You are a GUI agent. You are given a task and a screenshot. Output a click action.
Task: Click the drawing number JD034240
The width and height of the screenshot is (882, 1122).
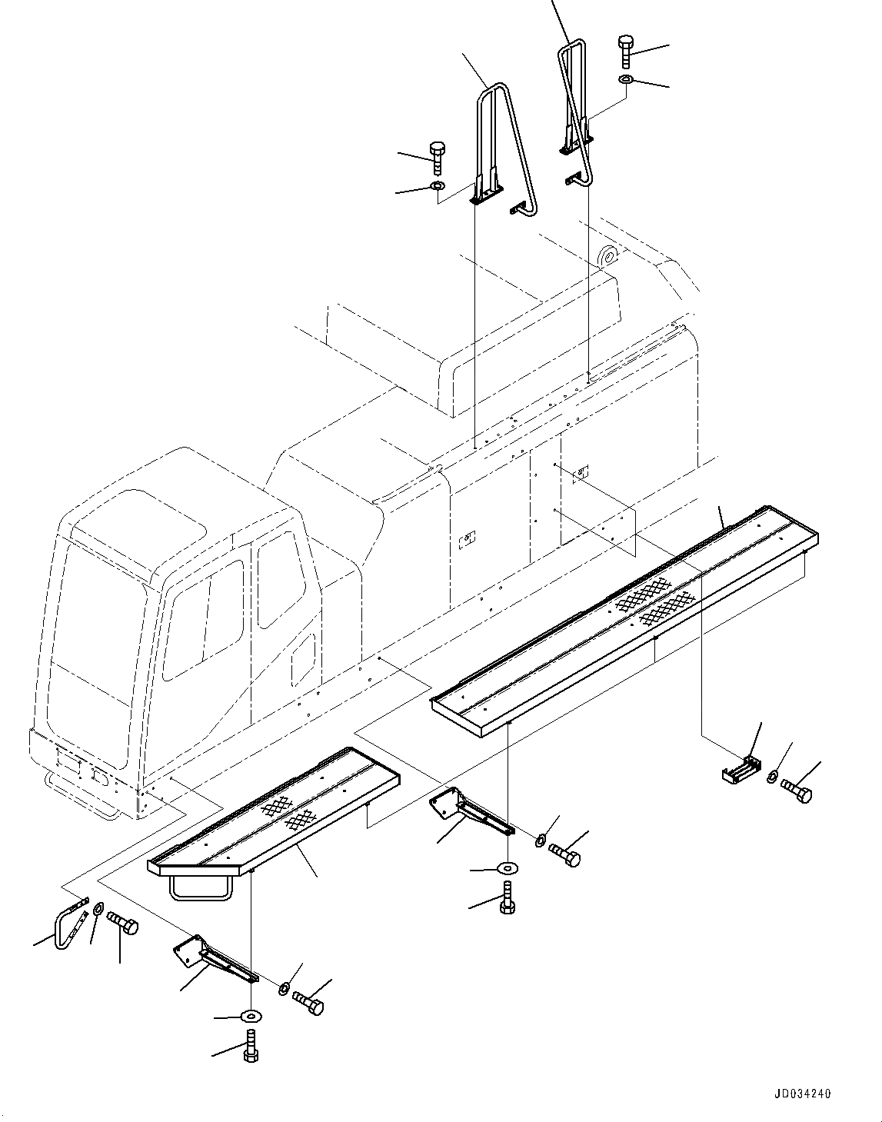tap(797, 1094)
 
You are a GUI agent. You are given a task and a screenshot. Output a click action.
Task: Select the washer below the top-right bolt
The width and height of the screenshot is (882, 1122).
tap(626, 79)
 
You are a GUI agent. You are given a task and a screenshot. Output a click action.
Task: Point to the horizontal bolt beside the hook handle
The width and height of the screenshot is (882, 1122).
tap(123, 922)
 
